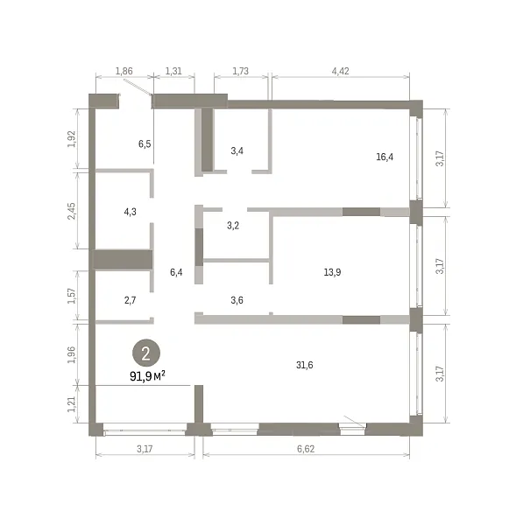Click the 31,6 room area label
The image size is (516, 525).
tap(305, 365)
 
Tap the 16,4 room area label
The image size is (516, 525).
tap(385, 157)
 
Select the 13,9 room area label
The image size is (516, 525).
tap(332, 272)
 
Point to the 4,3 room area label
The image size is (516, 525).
tap(130, 212)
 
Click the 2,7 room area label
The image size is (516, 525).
tap(130, 300)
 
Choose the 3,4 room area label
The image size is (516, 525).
tap(237, 150)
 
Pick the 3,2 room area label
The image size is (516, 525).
tap(233, 226)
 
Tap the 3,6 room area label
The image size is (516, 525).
tap(237, 300)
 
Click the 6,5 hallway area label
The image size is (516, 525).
tap(145, 144)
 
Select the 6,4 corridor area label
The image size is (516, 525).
tap(176, 272)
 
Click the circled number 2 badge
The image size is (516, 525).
tap(146, 353)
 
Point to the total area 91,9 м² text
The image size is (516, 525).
tap(147, 376)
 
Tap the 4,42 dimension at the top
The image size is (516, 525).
tap(340, 71)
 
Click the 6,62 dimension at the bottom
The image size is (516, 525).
tap(306, 449)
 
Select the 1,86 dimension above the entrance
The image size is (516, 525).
tap(124, 71)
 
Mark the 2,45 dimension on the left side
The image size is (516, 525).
tap(72, 211)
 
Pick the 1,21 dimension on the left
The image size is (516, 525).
tap(72, 404)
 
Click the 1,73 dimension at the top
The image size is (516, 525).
tap(241, 71)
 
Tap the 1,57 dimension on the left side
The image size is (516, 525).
tap(72, 296)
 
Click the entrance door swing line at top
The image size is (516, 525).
tap(138, 87)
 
